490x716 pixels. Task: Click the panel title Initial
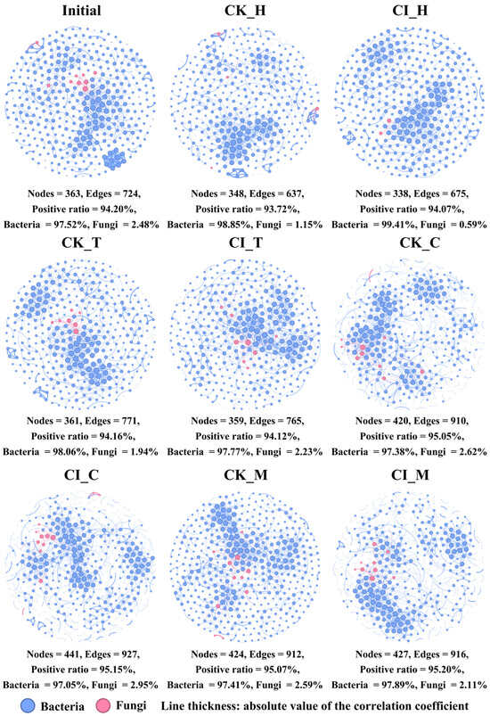82,10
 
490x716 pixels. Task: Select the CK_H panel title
245,10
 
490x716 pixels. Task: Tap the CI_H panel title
410,10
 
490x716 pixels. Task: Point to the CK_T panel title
81,243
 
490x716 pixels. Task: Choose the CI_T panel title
246,243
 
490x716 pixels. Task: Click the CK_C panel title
421,243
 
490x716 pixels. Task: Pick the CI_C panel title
81,475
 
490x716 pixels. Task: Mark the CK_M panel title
246,475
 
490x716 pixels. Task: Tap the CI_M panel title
410,475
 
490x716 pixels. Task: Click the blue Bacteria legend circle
28,705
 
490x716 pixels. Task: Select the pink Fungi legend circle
104,705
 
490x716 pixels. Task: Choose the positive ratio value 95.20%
446,670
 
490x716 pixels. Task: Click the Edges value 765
294,421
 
